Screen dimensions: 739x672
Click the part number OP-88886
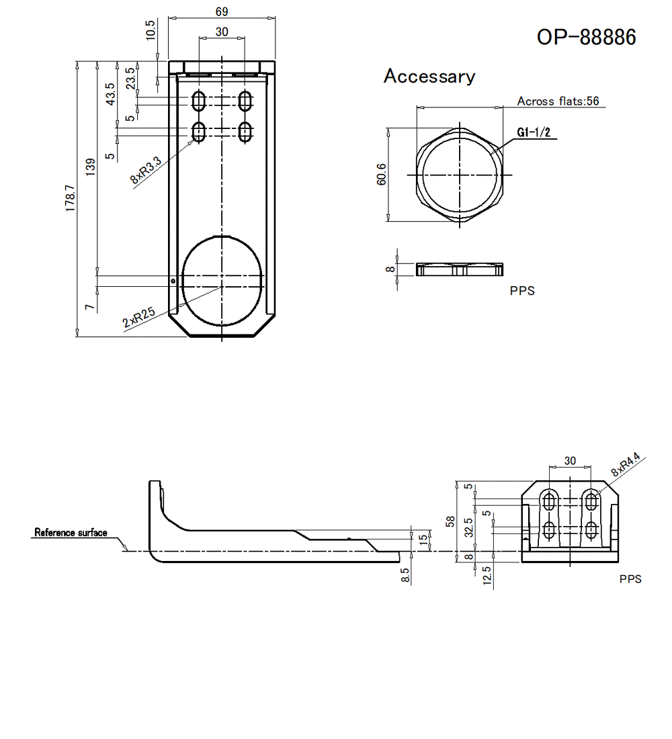point(586,37)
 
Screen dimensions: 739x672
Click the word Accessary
point(429,77)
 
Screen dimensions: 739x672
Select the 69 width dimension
point(222,11)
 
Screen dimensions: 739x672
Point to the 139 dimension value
point(91,165)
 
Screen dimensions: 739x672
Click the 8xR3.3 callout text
point(146,170)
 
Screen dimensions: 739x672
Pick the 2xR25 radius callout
point(138,317)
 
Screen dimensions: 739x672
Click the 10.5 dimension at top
point(151,30)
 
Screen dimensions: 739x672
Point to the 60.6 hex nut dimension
point(382,175)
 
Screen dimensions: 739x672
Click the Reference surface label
point(71,533)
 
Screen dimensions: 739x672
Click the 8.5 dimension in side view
point(404,575)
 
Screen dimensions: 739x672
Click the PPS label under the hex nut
point(522,291)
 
